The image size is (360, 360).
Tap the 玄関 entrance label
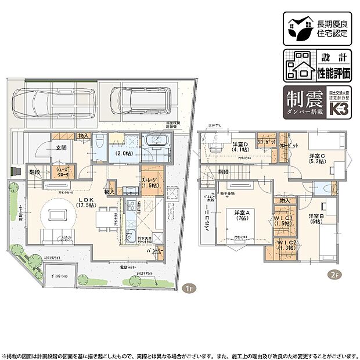pyautogui.click(x=62, y=147)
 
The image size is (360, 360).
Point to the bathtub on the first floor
pyautogui.click(x=155, y=142)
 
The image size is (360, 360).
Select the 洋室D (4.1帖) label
pyautogui.click(x=240, y=147)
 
